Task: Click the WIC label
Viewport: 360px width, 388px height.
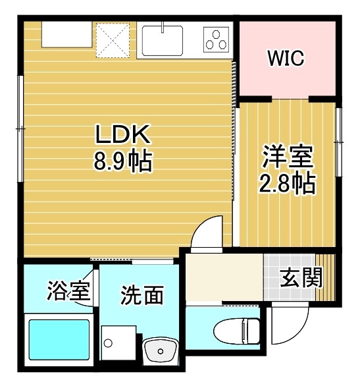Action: point(286,59)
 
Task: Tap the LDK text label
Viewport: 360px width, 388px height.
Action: point(124,136)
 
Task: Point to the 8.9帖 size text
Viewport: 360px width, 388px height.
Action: point(124,161)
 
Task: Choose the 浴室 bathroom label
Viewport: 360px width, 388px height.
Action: point(68,291)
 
